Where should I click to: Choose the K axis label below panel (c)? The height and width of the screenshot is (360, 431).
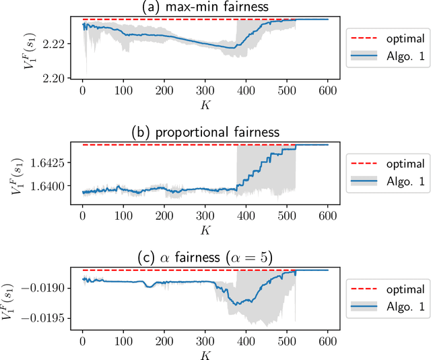point(205,353)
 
